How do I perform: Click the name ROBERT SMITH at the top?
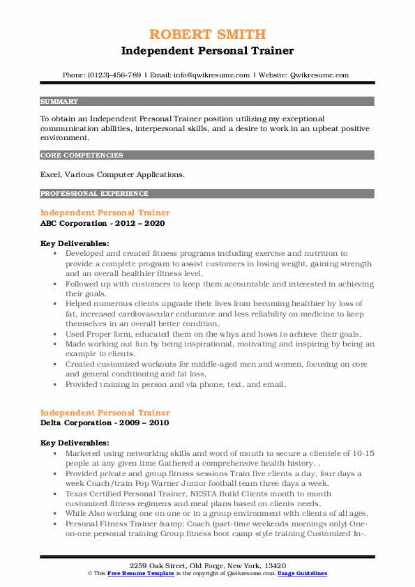(207, 35)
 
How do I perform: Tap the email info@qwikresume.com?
(204, 75)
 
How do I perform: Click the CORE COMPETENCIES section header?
(82, 155)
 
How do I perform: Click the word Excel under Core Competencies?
(52, 174)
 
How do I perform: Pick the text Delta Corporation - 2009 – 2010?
(105, 422)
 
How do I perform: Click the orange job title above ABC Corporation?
(105, 212)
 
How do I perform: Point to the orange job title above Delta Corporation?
(105, 412)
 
